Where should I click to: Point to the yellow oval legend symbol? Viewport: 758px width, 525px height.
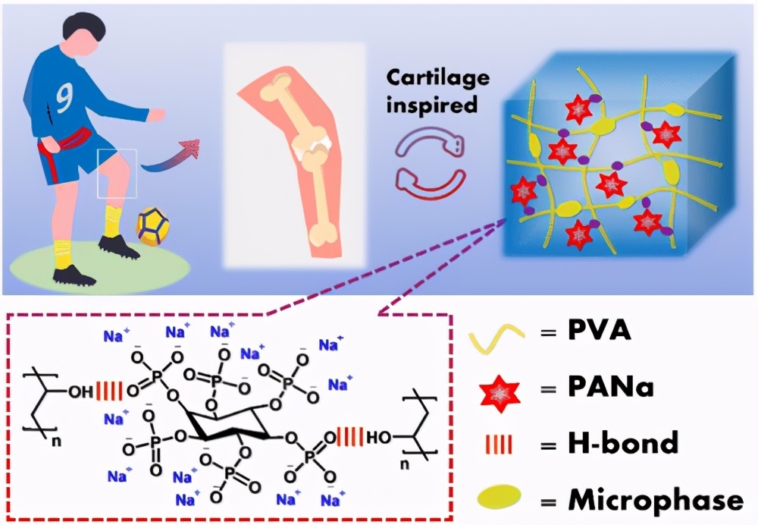coord(501,498)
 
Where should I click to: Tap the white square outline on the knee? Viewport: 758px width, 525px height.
coord(117,173)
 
